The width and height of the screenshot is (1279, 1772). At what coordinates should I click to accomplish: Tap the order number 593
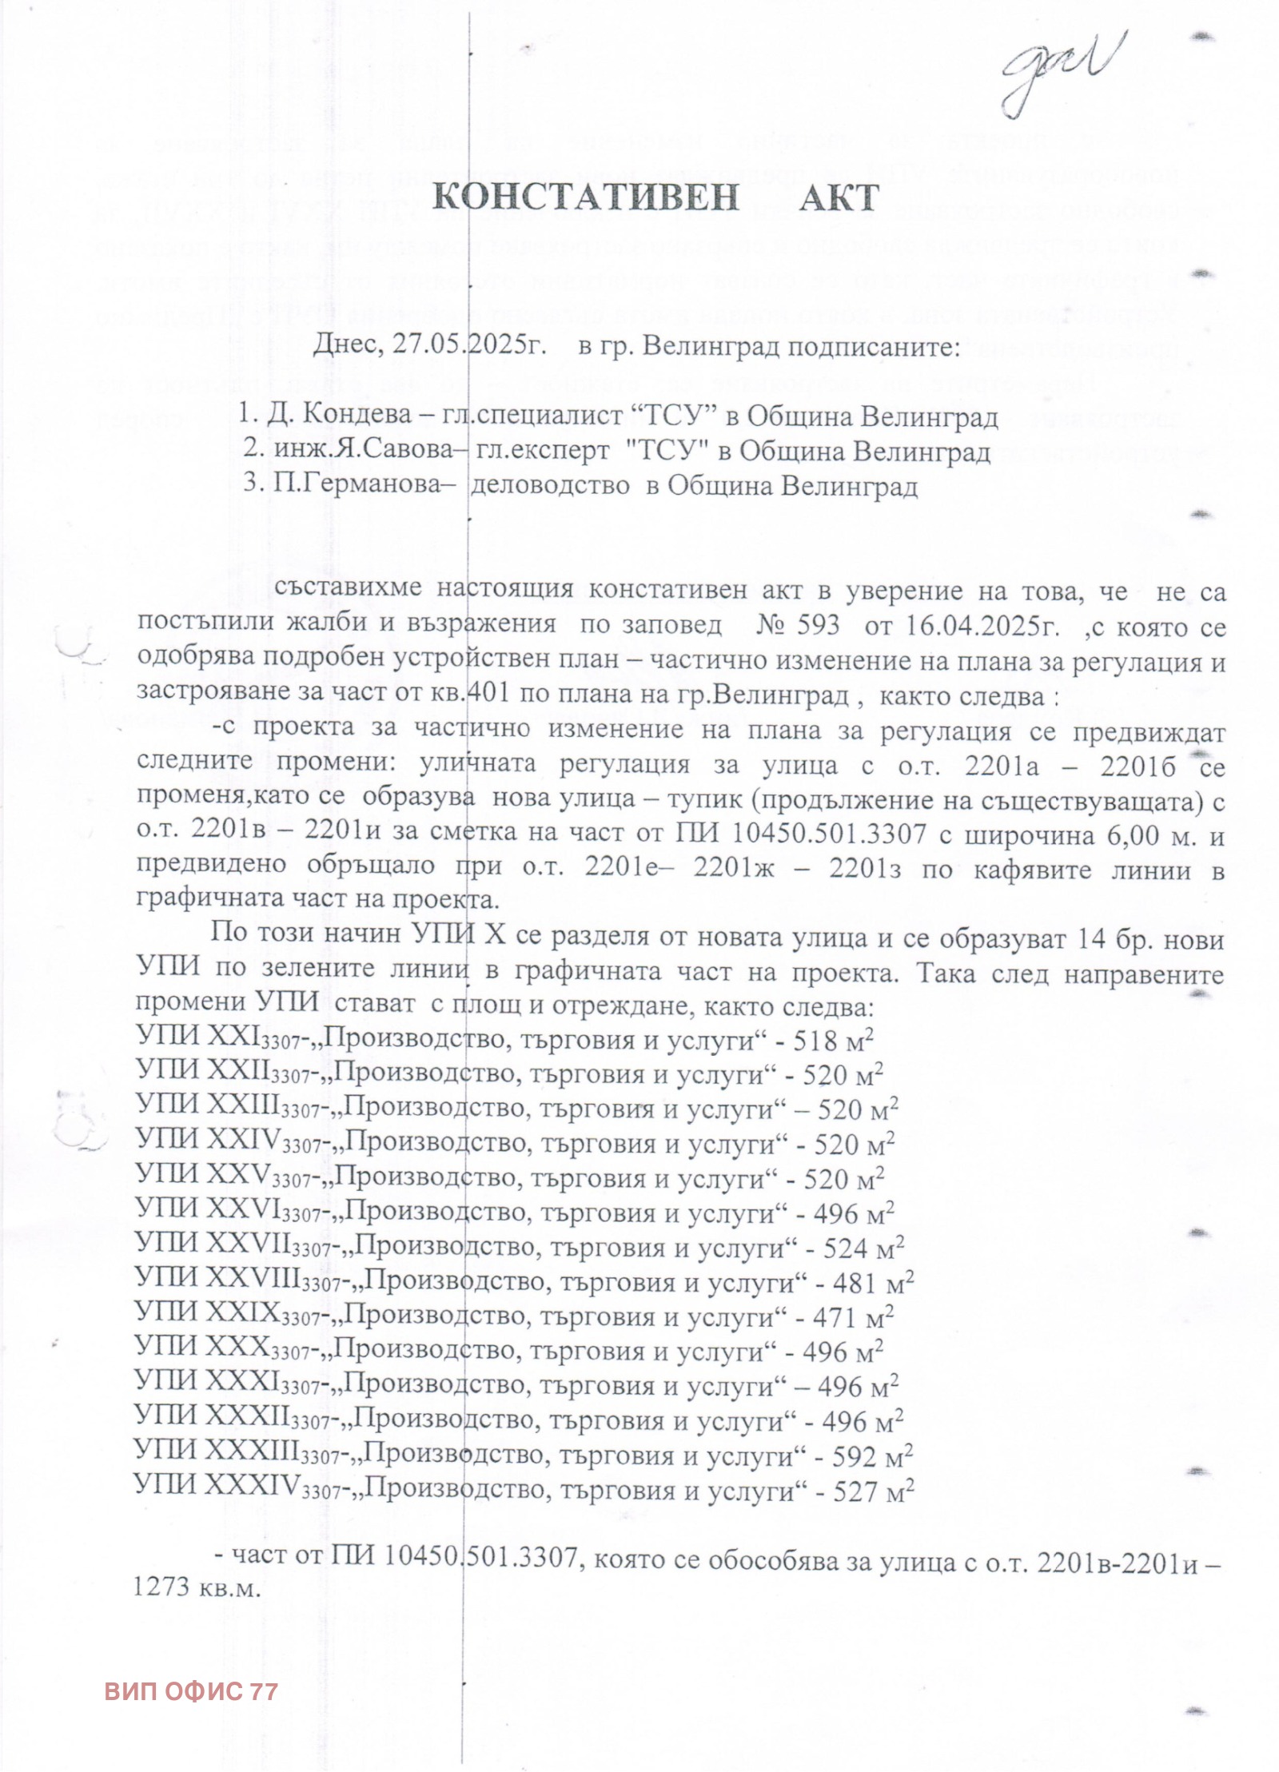point(818,626)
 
